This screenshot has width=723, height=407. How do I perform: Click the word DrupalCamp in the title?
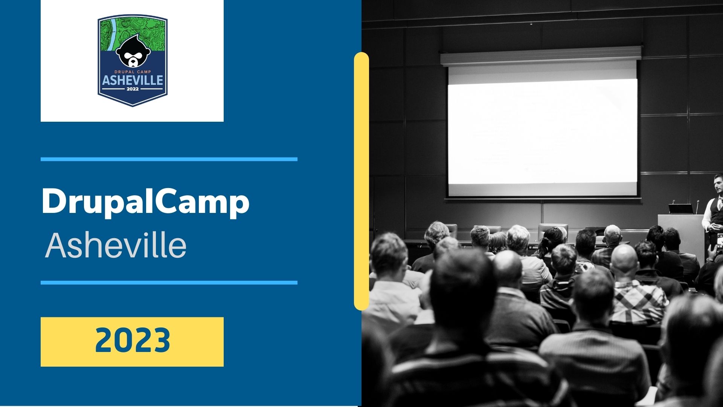[145, 203]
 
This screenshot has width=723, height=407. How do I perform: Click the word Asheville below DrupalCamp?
[116, 245]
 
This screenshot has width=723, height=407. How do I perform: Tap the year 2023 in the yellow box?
[133, 340]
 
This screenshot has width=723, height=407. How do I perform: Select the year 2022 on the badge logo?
[133, 89]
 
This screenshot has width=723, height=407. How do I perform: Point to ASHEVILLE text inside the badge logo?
[133, 80]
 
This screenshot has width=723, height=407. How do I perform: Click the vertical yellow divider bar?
[361, 181]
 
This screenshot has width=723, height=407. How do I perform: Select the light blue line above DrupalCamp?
[169, 159]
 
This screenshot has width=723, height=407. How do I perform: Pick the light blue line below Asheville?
[169, 283]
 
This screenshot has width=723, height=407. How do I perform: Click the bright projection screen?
[542, 132]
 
